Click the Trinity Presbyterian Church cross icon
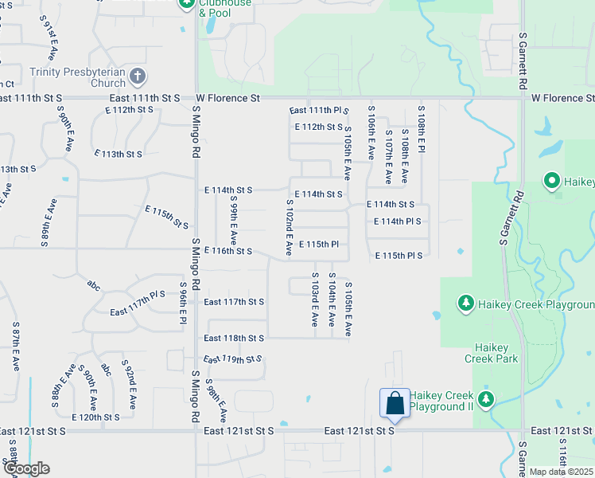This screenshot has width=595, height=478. tap(138, 76)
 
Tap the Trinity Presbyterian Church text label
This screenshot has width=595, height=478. tap(77, 76)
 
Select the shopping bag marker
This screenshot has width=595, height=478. tap(395, 404)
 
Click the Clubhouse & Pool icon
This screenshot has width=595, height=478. tap(186, 4)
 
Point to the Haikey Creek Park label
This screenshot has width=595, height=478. tap(496, 353)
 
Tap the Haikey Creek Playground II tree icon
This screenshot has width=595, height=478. tap(485, 398)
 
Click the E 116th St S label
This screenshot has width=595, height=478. tap(227, 251)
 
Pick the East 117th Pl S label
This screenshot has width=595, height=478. tap(138, 294)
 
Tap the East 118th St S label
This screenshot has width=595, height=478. tap(233, 338)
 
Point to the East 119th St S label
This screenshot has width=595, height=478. tap(232, 359)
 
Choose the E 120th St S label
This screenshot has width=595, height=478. tap(95, 417)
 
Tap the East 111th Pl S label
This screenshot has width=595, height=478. tap(319, 110)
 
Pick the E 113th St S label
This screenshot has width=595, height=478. tap(118, 154)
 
